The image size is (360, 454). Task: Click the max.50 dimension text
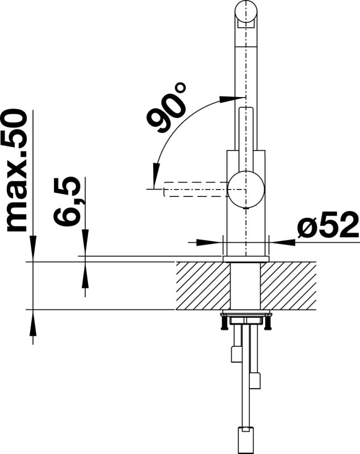point(17,171)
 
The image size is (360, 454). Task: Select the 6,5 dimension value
point(67,201)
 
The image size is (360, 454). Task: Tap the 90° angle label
point(166,107)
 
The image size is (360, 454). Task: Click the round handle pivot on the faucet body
point(246,190)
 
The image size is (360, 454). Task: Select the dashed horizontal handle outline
point(196,190)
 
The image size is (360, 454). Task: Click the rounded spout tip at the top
point(246,14)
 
